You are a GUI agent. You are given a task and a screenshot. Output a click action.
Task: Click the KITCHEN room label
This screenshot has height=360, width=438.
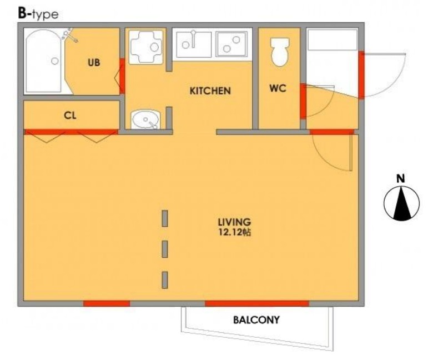[x=210, y=91]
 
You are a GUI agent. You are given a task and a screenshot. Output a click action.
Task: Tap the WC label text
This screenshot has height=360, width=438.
[x=278, y=88]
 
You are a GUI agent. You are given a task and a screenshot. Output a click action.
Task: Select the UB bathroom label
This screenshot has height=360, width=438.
[x=94, y=63]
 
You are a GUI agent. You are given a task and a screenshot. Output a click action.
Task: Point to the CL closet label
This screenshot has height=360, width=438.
[x=70, y=116]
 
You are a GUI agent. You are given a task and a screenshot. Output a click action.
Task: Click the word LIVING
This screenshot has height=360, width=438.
[x=234, y=222]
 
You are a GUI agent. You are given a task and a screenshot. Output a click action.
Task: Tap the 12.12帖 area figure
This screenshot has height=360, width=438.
[x=234, y=232]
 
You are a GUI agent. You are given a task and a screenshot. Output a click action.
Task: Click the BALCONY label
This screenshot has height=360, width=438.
[x=256, y=320]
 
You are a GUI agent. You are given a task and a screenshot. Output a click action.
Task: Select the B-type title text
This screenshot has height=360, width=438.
[x=38, y=14]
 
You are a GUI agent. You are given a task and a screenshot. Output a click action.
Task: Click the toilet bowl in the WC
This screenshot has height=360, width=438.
[x=280, y=52]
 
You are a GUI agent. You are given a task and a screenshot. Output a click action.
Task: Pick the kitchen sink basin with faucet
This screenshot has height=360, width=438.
[x=194, y=44]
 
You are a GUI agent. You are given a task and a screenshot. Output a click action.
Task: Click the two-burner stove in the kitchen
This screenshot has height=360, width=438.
[x=231, y=44]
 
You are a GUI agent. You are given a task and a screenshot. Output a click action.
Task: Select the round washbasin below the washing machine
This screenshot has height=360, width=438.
[x=145, y=119]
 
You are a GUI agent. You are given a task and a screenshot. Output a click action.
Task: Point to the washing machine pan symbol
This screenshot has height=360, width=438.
[x=146, y=47]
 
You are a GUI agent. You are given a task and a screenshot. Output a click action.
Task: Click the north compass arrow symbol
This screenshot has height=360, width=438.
[x=402, y=203]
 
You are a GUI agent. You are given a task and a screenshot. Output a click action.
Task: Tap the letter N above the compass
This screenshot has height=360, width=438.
[x=401, y=178]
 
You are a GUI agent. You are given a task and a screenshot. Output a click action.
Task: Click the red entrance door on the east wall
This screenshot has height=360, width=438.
[x=361, y=75]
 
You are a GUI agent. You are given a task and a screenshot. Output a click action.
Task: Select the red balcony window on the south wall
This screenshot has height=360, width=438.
[x=257, y=303]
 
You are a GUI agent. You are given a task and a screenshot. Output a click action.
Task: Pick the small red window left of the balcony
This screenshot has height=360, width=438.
[x=107, y=303]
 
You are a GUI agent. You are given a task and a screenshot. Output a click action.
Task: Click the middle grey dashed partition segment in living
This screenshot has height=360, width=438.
[x=165, y=249]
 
